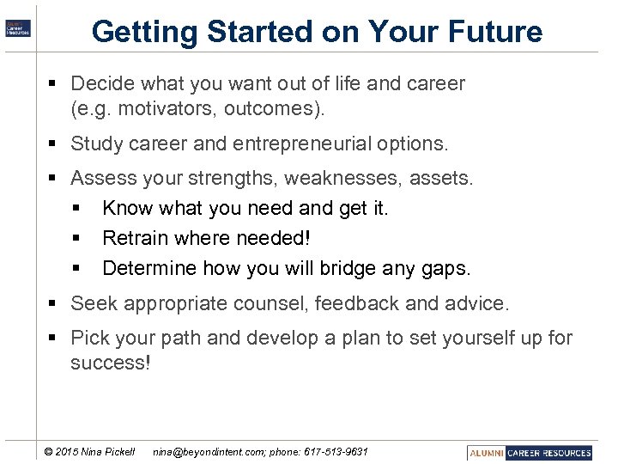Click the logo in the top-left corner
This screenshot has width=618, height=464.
[18, 27]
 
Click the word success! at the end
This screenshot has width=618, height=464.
[111, 363]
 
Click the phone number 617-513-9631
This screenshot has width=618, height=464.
[334, 452]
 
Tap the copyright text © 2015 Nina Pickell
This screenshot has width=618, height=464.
[89, 452]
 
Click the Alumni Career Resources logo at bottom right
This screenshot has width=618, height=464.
[530, 452]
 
